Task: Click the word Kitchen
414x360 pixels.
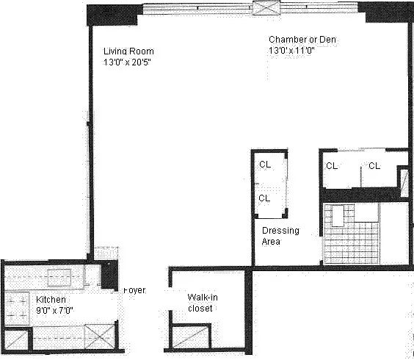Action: (51, 300)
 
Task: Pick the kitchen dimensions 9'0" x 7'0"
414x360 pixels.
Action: (55, 310)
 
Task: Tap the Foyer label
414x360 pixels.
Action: (134, 291)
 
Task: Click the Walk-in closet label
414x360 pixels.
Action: (200, 303)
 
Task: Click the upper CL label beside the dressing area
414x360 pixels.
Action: (264, 165)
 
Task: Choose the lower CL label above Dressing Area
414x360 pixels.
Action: (264, 198)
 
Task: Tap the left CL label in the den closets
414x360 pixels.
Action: (332, 165)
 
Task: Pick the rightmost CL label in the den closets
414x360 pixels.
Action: (374, 165)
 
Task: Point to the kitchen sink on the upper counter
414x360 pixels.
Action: (59, 277)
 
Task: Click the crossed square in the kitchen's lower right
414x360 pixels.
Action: (96, 339)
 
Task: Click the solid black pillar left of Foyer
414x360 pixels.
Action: (109, 275)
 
